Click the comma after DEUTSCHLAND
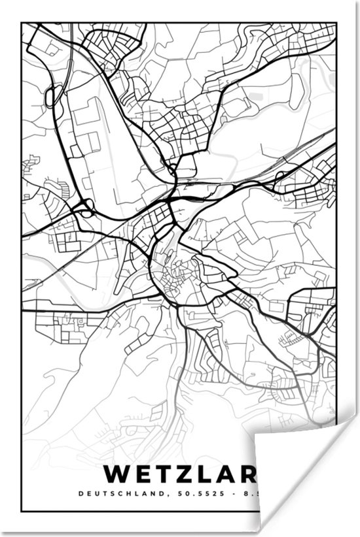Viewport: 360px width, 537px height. pos(175,495)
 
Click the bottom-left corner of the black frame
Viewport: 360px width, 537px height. pos(22,511)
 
